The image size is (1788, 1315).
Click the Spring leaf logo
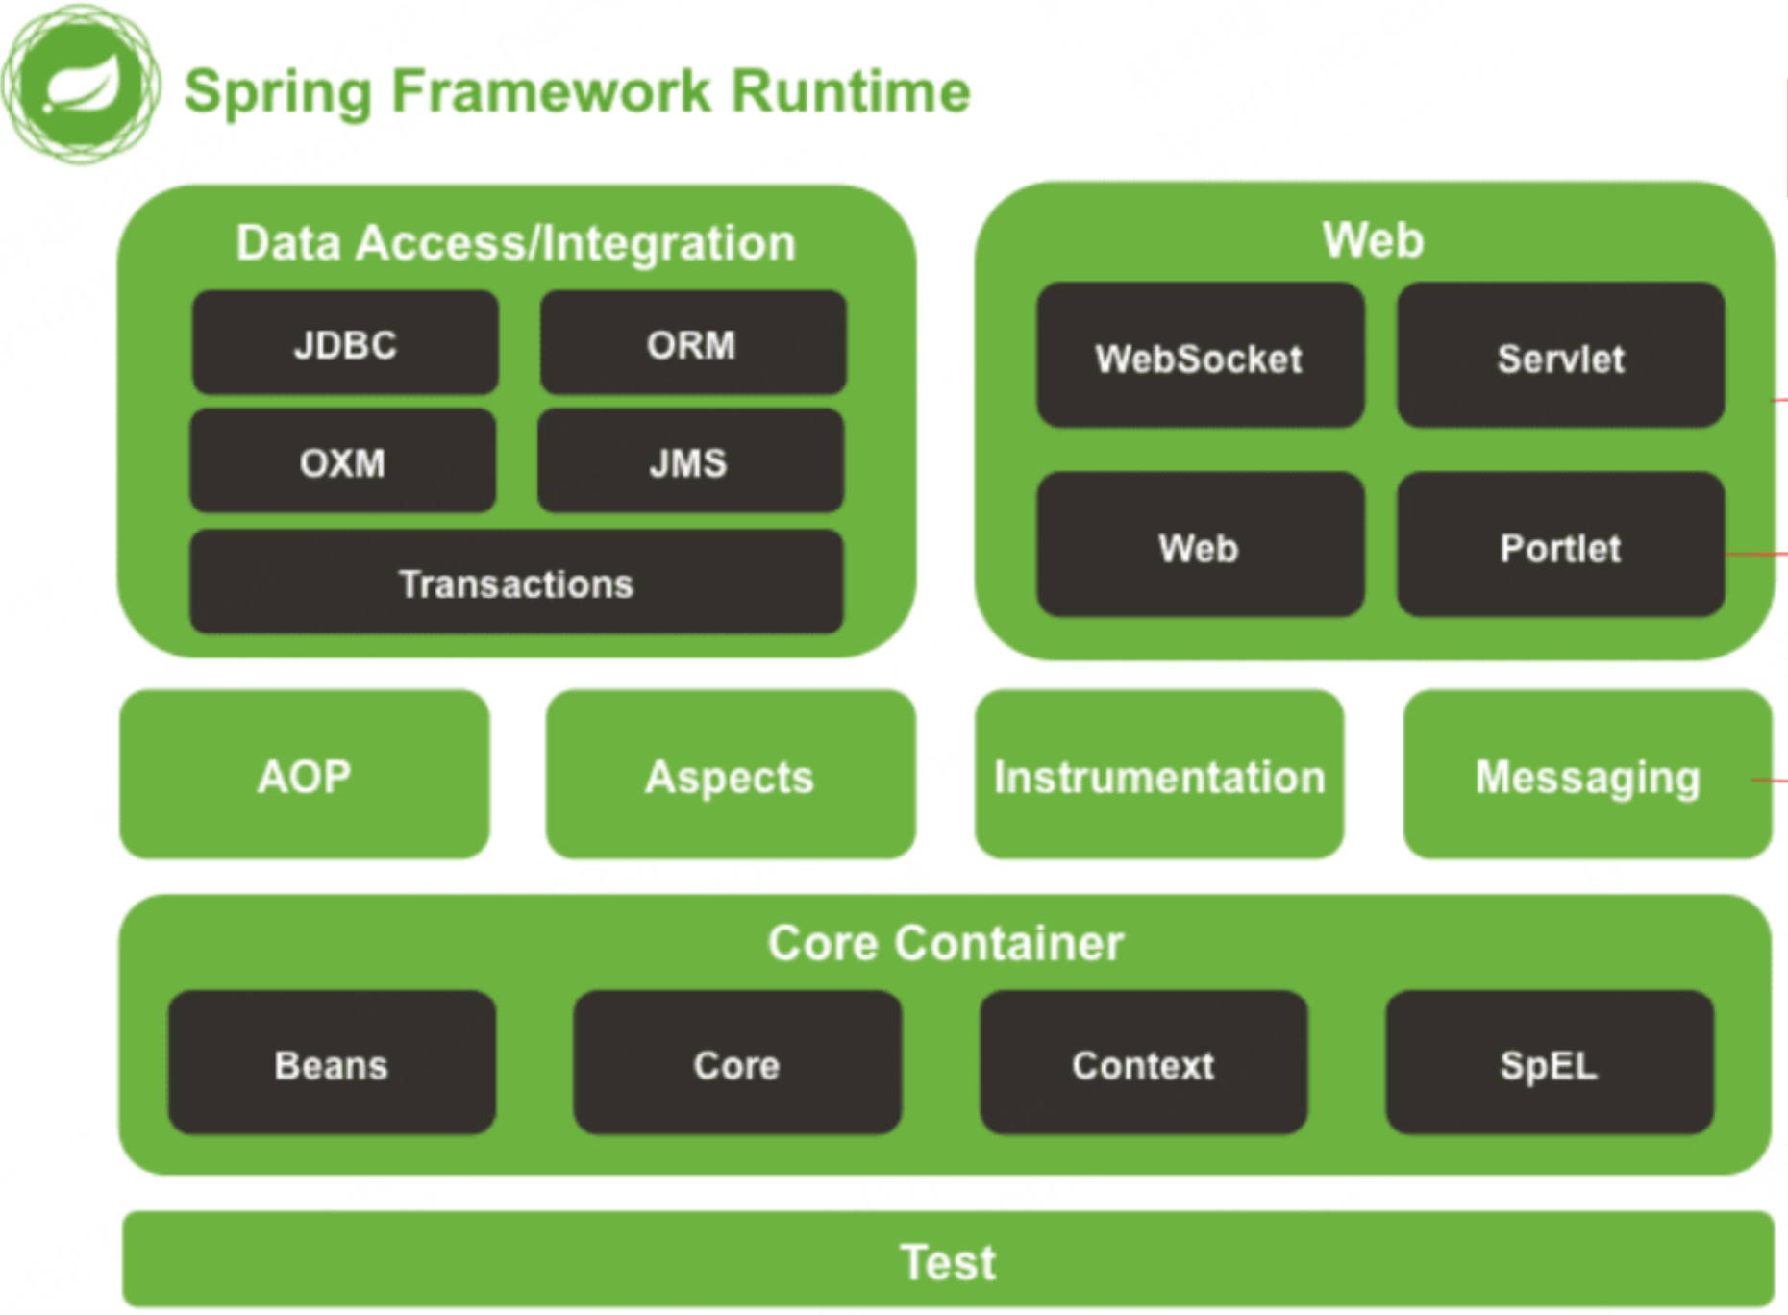pyautogui.click(x=81, y=85)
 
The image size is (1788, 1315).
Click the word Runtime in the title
pyautogui.click(x=851, y=91)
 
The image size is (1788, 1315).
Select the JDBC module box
pyautogui.click(x=345, y=343)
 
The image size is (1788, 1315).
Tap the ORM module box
pyautogui.click(x=692, y=343)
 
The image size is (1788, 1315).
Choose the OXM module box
pyautogui.click(x=343, y=461)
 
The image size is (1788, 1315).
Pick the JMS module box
pyautogui.click(x=690, y=461)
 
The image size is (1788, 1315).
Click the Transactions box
pyautogui.click(x=516, y=583)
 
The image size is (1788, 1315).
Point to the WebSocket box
pyautogui.click(x=1200, y=356)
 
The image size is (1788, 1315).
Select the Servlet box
pyautogui.click(x=1560, y=356)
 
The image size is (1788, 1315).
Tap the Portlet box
pyautogui.click(x=1560, y=545)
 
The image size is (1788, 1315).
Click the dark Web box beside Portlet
pyautogui.click(x=1200, y=545)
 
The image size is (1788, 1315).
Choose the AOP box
pyautogui.click(x=305, y=775)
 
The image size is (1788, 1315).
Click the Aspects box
pyautogui.click(x=731, y=775)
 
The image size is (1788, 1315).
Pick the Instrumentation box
pyautogui.click(x=1159, y=775)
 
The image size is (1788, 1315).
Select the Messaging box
pyautogui.click(x=1588, y=775)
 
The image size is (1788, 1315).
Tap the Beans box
pyautogui.click(x=332, y=1063)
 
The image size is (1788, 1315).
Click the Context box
pyautogui.click(x=1143, y=1063)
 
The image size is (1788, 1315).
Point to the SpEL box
pyautogui.click(x=1550, y=1063)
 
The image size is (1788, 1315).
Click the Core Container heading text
pyautogui.click(x=946, y=943)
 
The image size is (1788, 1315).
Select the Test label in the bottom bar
pyautogui.click(x=948, y=1261)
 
